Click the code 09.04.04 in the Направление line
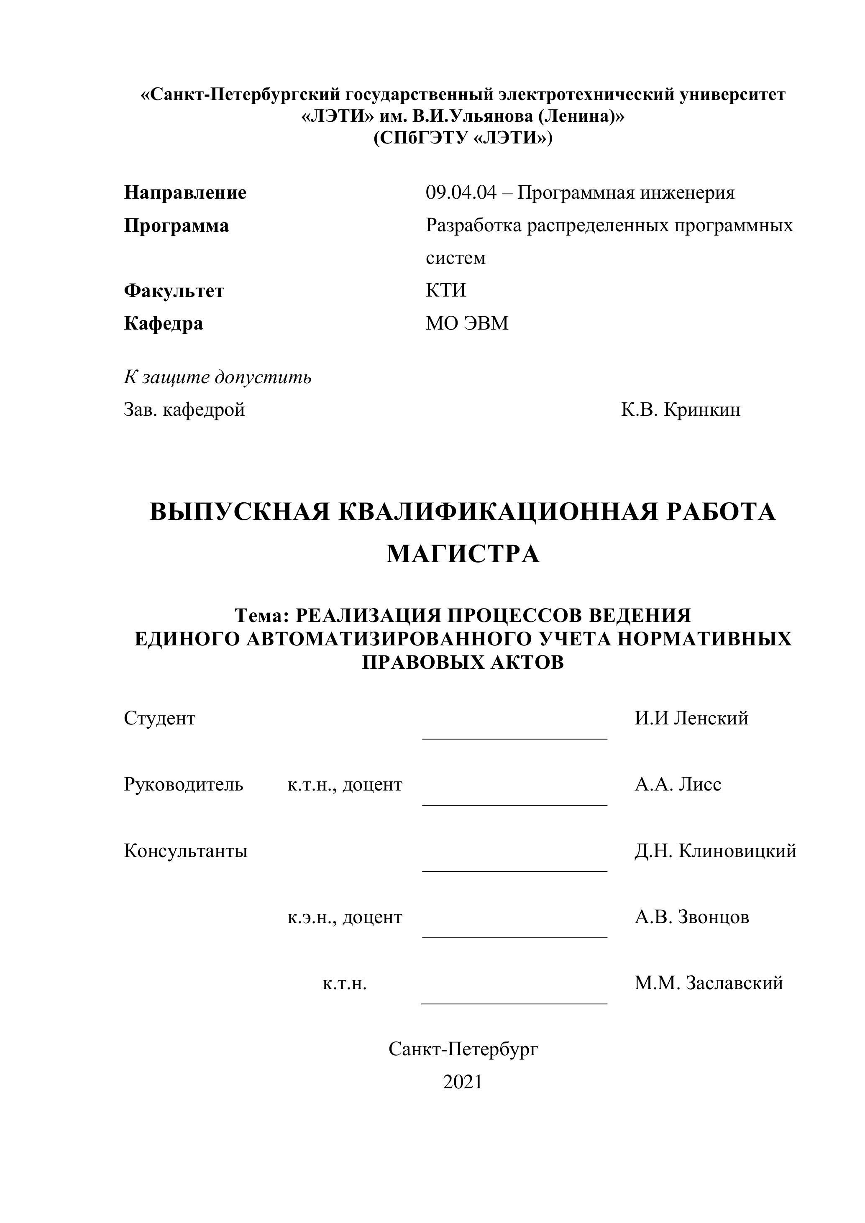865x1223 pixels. (461, 192)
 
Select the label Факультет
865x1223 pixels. (174, 291)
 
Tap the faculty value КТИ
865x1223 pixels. (446, 290)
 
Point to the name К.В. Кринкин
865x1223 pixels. (681, 409)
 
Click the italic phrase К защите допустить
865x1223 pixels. (218, 377)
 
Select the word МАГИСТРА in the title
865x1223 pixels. (463, 555)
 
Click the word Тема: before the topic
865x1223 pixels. (261, 616)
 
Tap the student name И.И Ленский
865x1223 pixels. (691, 718)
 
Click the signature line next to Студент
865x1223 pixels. (514, 738)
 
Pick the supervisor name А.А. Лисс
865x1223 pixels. (678, 784)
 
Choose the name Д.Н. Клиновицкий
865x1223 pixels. (715, 851)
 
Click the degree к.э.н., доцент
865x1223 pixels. (345, 917)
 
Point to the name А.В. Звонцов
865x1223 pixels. (691, 917)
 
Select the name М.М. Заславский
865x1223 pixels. (709, 983)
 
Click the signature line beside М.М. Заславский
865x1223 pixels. (514, 1003)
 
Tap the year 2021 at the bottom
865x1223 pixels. (462, 1082)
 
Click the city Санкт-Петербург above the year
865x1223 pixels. (463, 1049)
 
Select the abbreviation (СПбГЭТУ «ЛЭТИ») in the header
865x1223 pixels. (463, 138)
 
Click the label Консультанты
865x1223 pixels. (186, 851)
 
